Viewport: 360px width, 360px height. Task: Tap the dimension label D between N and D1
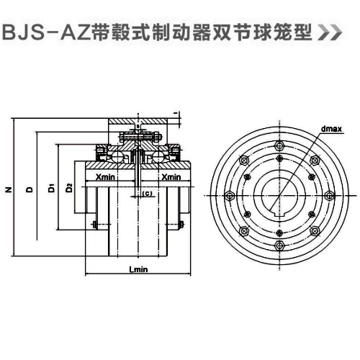[29, 190]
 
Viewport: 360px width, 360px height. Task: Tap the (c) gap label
[147, 194]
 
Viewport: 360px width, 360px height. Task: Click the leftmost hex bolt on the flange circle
[229, 194]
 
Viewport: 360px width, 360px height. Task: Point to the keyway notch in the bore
[279, 213]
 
